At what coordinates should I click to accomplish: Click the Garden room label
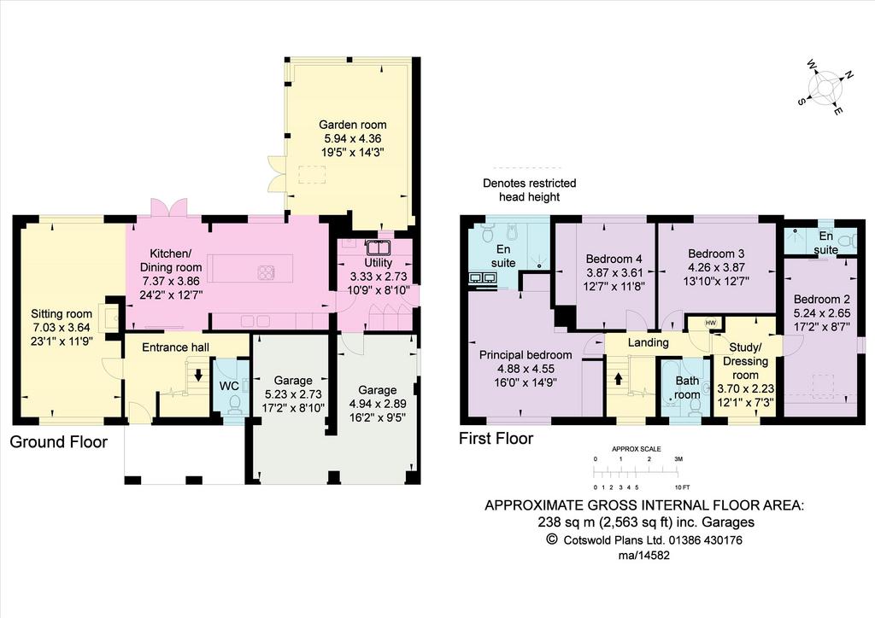click(353, 125)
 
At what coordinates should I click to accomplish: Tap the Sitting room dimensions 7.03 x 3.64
click(62, 328)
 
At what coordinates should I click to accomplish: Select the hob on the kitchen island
click(267, 272)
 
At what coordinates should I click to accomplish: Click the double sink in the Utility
click(379, 247)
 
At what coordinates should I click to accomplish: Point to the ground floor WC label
click(229, 386)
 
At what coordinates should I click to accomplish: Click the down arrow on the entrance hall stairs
click(198, 375)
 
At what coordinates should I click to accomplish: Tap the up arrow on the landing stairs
click(619, 379)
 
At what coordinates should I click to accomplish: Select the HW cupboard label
click(710, 324)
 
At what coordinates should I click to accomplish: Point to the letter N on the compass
click(849, 74)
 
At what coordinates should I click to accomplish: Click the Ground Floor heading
click(59, 442)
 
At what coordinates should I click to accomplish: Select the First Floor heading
click(496, 439)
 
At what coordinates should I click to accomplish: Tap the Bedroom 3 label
click(716, 254)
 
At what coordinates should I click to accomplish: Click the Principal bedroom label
click(526, 355)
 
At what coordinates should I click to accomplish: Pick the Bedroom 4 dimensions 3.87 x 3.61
click(614, 273)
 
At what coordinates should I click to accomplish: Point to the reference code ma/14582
click(644, 556)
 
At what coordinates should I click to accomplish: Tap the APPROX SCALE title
click(636, 449)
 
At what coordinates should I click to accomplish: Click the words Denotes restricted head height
click(530, 190)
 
